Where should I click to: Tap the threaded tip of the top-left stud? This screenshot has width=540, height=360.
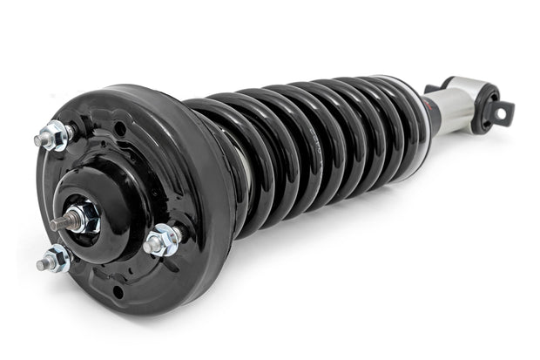40,139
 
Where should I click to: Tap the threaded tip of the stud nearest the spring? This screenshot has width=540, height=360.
150,246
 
